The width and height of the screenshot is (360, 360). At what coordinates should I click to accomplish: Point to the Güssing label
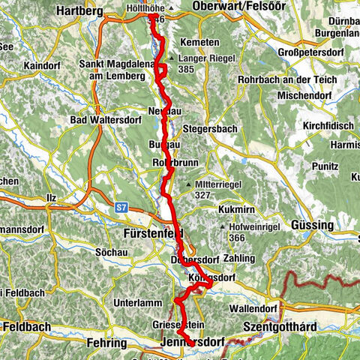[x=313, y=225]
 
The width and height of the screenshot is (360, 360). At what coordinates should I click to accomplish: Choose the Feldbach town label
[x=26, y=327]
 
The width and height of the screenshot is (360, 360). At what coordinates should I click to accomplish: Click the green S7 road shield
[x=122, y=205]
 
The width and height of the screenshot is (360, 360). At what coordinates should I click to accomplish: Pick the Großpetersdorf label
[x=313, y=53]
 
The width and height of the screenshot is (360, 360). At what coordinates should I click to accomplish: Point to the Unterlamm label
[x=114, y=302]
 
